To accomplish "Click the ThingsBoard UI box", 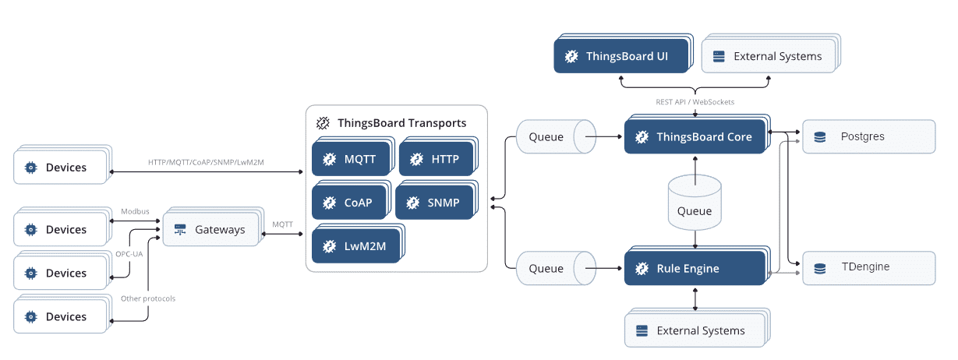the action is (x=624, y=54).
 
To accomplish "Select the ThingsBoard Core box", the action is (x=697, y=134).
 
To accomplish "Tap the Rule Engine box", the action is (x=697, y=266).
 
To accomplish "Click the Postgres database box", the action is (x=868, y=136).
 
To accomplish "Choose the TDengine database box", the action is (x=868, y=268).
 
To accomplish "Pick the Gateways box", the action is (x=214, y=227).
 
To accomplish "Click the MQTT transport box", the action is (x=353, y=156).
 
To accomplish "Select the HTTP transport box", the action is (x=438, y=156).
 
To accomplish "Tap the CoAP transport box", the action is (x=352, y=199).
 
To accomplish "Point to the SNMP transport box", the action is (x=437, y=199).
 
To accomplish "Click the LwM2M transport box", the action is (x=359, y=243).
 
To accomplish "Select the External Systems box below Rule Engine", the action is (x=697, y=327).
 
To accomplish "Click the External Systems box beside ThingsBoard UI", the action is (x=771, y=53).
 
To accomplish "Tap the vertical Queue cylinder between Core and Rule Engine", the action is (x=695, y=203).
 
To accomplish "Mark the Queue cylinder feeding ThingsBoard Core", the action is (x=556, y=136).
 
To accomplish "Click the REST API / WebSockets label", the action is (x=695, y=102).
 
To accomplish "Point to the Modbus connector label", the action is (x=135, y=211).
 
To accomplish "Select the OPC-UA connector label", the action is (x=129, y=254).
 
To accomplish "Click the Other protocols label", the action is (x=148, y=298).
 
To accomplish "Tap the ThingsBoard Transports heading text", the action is (x=401, y=123).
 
